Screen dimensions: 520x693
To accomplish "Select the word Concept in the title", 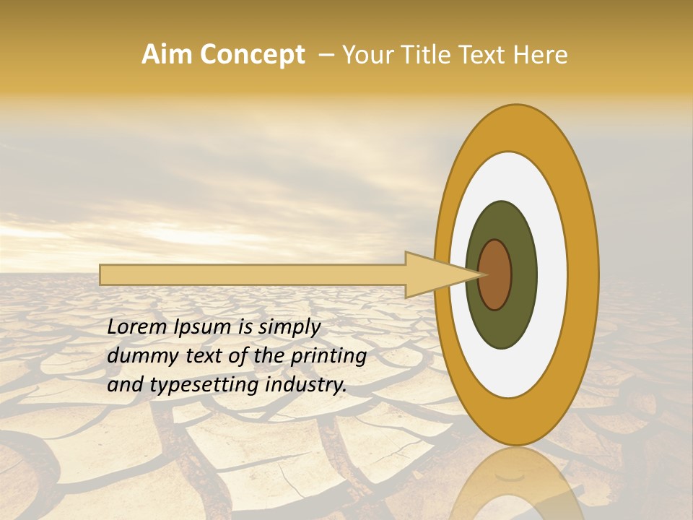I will tap(253, 55).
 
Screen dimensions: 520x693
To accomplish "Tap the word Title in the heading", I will tap(426, 55).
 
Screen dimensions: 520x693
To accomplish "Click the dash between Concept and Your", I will tap(326, 55).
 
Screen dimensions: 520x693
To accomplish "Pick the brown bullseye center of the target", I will tap(495, 274).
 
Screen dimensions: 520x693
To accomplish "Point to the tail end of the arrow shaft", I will tap(103, 274).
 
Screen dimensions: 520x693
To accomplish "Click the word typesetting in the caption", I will tap(204, 386).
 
